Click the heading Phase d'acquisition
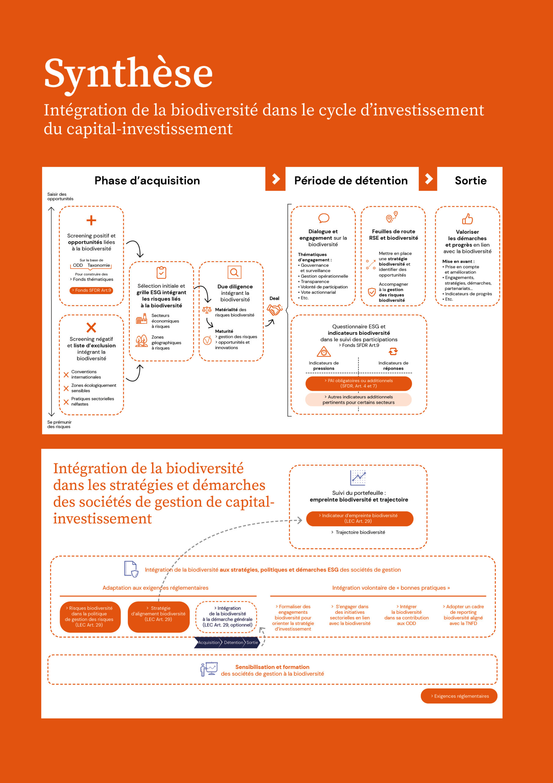tap(147, 180)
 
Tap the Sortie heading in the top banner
tap(471, 180)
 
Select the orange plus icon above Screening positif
tap(91, 220)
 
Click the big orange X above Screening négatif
tap(91, 327)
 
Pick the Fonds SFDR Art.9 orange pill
tap(91, 290)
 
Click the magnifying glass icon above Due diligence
tap(234, 273)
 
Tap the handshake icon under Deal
tap(274, 310)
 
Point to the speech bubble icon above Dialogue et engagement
tap(323, 218)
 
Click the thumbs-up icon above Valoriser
tap(467, 219)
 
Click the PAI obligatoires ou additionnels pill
tap(358, 383)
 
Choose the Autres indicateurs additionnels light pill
tap(358, 400)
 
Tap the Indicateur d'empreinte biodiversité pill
tap(360, 518)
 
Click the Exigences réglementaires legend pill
tap(459, 696)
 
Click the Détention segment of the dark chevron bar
tap(233, 643)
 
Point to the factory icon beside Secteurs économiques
tap(141, 320)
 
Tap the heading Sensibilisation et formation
tap(272, 667)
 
